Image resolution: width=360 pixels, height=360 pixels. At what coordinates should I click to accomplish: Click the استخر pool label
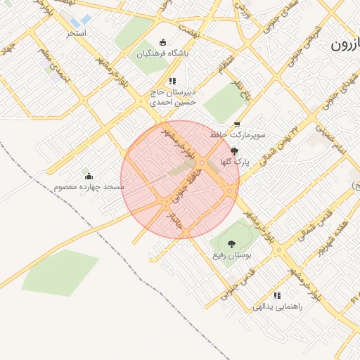click(77, 33)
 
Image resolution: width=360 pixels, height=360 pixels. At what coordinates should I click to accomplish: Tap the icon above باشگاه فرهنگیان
click(164, 41)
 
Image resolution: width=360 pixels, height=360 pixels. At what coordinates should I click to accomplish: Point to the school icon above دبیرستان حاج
click(173, 81)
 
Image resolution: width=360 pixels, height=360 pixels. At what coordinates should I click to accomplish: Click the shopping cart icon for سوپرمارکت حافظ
click(237, 124)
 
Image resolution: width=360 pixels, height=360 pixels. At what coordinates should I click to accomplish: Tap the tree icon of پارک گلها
click(234, 150)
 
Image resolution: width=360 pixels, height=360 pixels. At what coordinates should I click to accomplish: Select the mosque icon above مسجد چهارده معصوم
click(88, 172)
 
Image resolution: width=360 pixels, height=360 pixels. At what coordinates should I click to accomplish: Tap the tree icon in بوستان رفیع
click(232, 244)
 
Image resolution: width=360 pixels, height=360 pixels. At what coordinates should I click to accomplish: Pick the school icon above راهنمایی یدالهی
click(277, 295)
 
